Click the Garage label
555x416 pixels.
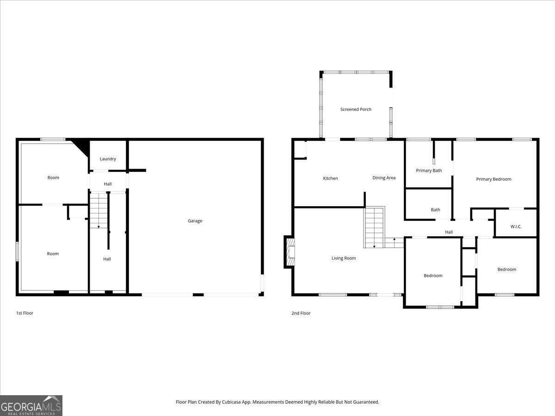195,221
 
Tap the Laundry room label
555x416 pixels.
108,159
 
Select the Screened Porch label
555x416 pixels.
356,110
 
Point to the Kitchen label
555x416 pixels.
330,178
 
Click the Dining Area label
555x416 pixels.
384,178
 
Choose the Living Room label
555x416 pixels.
344,258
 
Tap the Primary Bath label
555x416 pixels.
429,171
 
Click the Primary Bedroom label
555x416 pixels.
493,179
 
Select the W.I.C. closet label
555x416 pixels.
516,226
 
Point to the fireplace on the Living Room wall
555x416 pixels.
290,252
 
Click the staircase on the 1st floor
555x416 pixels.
99,211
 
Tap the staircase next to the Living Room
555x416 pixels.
374,227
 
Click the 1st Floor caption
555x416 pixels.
25,313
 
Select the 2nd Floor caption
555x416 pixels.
301,313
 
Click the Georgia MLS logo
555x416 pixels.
31,405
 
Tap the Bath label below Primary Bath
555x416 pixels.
435,210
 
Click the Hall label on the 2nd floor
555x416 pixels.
449,232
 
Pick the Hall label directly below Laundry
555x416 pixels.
108,184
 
